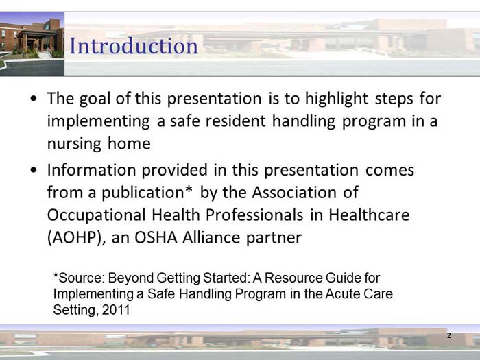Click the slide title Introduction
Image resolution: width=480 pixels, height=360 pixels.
coord(134,46)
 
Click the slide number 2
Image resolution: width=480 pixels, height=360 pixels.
coord(449,336)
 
